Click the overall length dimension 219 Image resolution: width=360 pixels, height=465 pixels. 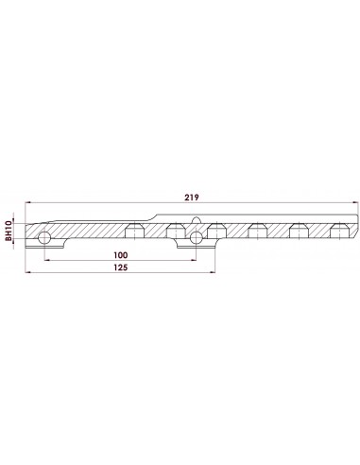coord(192,198)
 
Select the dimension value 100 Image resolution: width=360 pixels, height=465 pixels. coord(121,255)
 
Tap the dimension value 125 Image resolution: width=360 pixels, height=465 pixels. coord(121,267)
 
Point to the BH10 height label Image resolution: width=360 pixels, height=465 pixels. coord(9,232)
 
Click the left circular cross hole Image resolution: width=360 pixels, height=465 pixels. coord(44,238)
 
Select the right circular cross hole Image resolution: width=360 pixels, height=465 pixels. coord(197,237)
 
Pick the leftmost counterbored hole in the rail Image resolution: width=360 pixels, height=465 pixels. coord(135,231)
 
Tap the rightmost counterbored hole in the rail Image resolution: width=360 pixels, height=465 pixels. coord(339,231)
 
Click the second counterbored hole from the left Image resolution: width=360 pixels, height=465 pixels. coord(176,231)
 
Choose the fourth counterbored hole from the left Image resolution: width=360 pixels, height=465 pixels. coord(258,231)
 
